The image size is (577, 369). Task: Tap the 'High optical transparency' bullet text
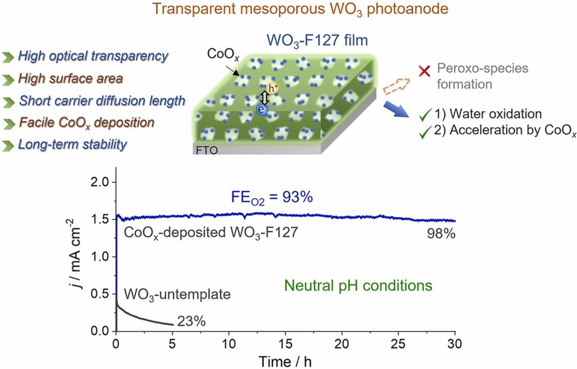[93, 56]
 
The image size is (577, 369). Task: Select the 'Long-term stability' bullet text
[72, 145]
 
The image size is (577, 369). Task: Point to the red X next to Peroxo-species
[425, 72]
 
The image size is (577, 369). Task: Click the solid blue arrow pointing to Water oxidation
[396, 110]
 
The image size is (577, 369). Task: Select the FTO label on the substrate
[207, 150]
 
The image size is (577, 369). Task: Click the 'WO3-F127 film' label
[317, 41]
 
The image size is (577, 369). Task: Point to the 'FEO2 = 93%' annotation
[272, 197]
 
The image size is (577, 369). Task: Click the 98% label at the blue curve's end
[441, 234]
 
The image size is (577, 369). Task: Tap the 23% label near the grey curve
[191, 321]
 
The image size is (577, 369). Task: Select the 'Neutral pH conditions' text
[358, 286]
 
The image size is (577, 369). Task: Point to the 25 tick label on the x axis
[398, 344]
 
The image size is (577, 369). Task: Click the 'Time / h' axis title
[285, 361]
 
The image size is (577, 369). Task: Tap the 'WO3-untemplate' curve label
[177, 294]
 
